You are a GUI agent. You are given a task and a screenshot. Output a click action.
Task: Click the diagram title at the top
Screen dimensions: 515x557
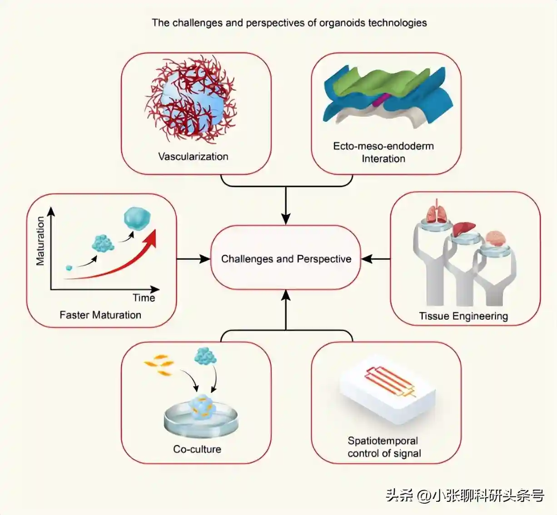pos(289,23)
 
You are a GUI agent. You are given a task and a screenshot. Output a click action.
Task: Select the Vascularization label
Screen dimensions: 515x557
pos(193,157)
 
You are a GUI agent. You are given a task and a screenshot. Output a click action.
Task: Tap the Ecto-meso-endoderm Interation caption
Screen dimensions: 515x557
pos(383,152)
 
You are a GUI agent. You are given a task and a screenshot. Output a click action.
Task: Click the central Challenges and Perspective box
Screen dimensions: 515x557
pos(286,258)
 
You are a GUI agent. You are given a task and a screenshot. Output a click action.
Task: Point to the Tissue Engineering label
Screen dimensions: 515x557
pos(463,316)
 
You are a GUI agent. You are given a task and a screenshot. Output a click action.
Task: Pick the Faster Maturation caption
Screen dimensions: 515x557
pos(100,315)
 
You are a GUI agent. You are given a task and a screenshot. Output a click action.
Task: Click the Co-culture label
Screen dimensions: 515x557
pos(197,449)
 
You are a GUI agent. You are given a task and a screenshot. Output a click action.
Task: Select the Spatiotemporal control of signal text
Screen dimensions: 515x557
pos(384,447)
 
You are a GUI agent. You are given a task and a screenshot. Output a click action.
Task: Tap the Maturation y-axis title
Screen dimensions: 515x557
pos(40,241)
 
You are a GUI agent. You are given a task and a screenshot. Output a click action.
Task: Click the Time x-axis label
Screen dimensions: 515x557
pos(144,298)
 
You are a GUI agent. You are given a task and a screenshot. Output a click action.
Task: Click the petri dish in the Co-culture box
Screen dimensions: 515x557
pos(201,420)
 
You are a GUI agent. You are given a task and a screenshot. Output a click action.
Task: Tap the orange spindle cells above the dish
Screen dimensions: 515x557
pos(159,366)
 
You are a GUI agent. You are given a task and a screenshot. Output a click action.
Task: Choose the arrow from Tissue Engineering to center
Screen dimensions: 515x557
pos(376,259)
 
